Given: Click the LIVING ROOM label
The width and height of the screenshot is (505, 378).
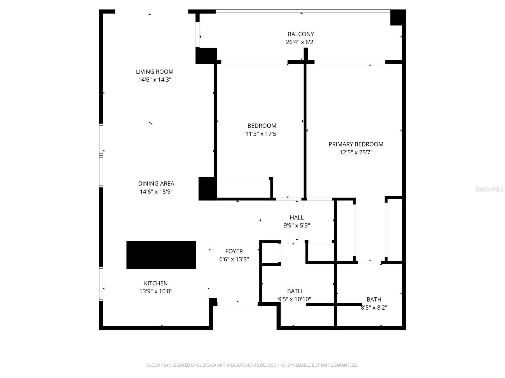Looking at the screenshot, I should coord(155,72).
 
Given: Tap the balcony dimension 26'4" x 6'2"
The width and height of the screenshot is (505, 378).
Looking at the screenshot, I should coord(300,42).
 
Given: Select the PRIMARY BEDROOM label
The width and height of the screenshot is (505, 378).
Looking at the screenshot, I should coord(356,144).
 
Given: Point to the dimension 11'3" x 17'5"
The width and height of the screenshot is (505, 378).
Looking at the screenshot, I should coord(262,134).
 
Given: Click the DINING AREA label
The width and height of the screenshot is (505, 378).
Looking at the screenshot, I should coord(156,184).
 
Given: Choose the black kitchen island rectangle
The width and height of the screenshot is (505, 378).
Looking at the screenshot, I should coord(161,255).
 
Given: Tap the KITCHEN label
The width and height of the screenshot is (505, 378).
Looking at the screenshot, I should coord(156,283).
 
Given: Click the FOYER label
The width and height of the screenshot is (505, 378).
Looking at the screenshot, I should coord(234,251).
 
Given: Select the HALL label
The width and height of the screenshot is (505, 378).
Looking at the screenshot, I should coord(297,218).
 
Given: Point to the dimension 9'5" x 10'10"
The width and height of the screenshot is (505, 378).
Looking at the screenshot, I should coord(294,299).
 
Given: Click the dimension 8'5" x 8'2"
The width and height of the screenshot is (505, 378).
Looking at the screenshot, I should coord(374,308).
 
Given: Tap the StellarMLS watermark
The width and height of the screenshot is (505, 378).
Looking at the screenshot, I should coord(489,189).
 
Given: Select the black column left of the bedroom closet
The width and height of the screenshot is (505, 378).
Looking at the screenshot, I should coord(207,189).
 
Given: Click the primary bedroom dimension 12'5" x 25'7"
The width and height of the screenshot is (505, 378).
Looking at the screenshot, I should coord(356,152).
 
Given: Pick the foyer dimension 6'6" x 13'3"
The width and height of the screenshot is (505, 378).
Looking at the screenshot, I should coord(234,260).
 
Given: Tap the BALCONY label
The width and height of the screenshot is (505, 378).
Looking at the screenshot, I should coord(300,34).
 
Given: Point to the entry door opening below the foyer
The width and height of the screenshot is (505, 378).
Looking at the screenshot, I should coord(237,304).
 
